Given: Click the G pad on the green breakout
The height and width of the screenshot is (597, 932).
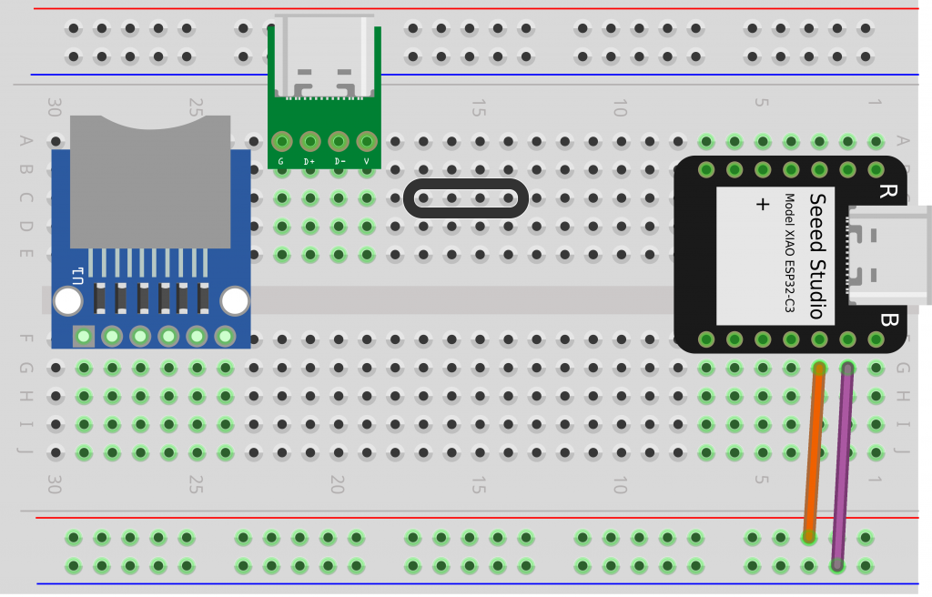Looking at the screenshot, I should pyautogui.click(x=281, y=142).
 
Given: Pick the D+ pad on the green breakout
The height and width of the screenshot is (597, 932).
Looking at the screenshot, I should pyautogui.click(x=309, y=142).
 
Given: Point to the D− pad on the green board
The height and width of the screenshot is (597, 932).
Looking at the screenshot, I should pyautogui.click(x=339, y=142).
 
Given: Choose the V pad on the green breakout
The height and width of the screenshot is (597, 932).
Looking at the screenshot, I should pyautogui.click(x=367, y=142).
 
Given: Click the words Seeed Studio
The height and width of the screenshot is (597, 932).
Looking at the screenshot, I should pyautogui.click(x=816, y=256).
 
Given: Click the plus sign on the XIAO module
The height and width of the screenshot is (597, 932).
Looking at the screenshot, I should pyautogui.click(x=763, y=205).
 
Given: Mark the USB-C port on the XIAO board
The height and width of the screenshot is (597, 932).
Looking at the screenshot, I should pyautogui.click(x=887, y=255).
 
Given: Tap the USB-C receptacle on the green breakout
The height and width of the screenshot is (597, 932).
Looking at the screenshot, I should pyautogui.click(x=324, y=56).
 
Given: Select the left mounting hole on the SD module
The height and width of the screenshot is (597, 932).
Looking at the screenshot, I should pyautogui.click(x=67, y=300).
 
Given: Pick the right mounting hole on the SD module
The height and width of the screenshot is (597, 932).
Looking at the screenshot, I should pyautogui.click(x=235, y=300).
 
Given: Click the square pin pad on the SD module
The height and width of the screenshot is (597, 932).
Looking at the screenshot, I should pyautogui.click(x=84, y=337).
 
